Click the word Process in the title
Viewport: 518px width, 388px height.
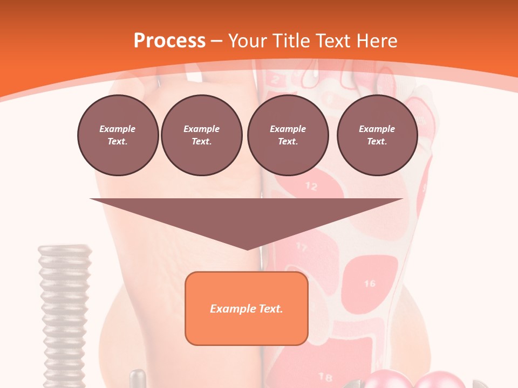(169, 41)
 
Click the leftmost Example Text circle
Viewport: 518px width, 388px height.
(118, 135)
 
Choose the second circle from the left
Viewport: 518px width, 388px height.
(201, 135)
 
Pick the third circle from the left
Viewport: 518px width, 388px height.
(288, 135)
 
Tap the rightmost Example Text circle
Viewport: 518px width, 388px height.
(377, 135)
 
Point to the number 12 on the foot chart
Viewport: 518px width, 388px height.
(311, 186)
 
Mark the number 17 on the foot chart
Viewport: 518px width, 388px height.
(302, 248)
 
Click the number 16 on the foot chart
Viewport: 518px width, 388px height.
(370, 283)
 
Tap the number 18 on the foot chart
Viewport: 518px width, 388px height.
(325, 376)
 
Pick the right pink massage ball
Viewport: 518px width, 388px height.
(438, 379)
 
